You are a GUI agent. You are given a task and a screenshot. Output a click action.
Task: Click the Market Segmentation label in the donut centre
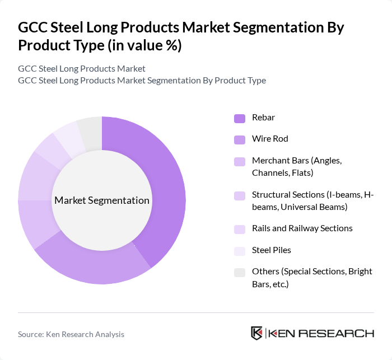(x=102, y=200)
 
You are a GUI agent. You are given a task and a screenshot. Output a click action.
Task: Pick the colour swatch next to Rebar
(x=240, y=118)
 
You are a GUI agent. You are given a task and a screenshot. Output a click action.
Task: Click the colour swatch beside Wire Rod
(x=240, y=139)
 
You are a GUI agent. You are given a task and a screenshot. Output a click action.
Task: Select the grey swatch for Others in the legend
(x=240, y=272)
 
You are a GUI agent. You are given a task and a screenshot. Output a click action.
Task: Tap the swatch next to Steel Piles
(x=240, y=250)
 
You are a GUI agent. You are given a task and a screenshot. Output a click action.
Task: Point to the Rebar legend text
(x=263, y=118)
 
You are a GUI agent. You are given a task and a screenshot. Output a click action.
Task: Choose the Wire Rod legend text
(x=270, y=139)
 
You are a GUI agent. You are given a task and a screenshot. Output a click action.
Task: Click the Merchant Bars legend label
(x=296, y=166)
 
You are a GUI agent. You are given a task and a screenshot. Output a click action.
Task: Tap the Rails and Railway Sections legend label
(x=302, y=228)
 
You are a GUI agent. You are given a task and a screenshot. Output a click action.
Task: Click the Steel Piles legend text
(x=272, y=250)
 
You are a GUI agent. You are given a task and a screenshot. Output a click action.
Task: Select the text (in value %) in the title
(x=140, y=45)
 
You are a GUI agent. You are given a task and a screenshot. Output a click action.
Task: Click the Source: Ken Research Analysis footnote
(x=71, y=334)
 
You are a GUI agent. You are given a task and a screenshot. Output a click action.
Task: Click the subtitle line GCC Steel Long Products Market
(x=82, y=68)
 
